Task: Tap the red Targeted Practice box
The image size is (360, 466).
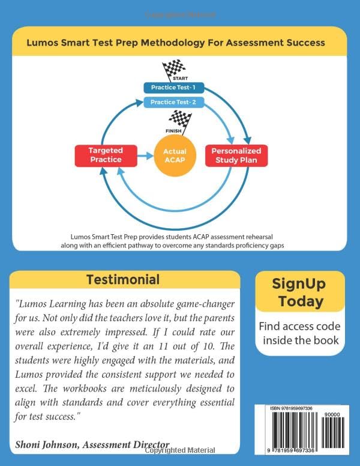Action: pos(106,155)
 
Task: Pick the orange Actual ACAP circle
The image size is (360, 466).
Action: pos(175,156)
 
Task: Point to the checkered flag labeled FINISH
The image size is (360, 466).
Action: pos(177,121)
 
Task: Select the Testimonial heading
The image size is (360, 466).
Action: pos(123,279)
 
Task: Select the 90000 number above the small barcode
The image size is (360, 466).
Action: pos(332,414)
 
